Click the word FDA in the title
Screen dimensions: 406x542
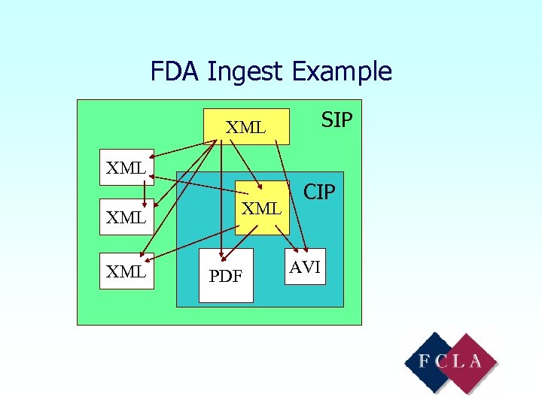pos(175,71)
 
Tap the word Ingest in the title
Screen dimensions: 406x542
pos(245,72)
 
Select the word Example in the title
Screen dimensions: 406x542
pos(342,72)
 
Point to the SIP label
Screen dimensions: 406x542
pos(336,120)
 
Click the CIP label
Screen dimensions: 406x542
pos(319,192)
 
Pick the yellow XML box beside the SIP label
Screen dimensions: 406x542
pos(247,126)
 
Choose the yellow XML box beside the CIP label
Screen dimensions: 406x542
pos(262,208)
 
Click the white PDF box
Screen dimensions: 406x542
pos(226,275)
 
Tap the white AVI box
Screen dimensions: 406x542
pos(306,267)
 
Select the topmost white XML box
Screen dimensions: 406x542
pos(126,167)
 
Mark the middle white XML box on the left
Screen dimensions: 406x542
pos(126,217)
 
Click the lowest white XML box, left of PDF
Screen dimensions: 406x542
pos(126,271)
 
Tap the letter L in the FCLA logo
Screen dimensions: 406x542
pos(459,361)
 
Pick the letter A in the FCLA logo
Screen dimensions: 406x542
pos(476,361)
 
